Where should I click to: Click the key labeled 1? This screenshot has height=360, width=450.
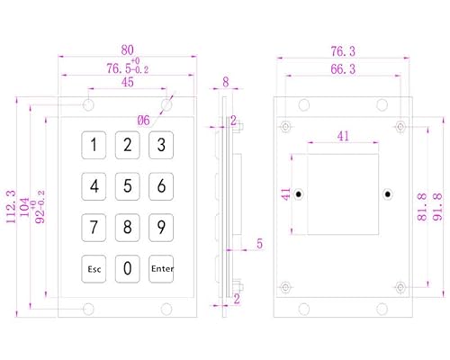[x=94, y=145]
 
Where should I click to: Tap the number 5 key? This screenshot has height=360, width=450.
[x=128, y=186]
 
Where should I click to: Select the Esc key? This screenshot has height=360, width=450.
[x=94, y=269]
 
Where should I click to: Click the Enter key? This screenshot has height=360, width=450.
[x=161, y=269]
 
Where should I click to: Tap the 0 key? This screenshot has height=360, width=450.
[x=128, y=269]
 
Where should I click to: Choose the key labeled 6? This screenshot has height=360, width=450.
[x=161, y=186]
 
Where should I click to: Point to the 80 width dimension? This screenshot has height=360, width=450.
[x=128, y=49]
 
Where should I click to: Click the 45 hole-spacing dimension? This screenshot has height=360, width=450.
[x=128, y=82]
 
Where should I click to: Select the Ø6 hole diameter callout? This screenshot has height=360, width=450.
[x=143, y=121]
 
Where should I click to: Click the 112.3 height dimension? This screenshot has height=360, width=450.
[x=11, y=206]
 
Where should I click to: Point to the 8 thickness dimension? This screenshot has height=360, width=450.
[x=226, y=82]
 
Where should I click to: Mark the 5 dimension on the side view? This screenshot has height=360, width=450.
[x=259, y=244]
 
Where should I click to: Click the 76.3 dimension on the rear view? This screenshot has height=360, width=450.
[x=343, y=51]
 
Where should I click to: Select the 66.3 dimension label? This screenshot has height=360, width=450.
[x=343, y=69]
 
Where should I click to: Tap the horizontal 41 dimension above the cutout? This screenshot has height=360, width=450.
[x=343, y=137]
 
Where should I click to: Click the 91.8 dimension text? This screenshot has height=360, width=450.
[x=437, y=207]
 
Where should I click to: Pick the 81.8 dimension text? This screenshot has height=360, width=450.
[x=422, y=207]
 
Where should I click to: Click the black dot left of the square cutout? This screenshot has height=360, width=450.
[x=299, y=194]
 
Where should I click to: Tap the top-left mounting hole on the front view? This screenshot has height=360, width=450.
[x=88, y=104]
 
